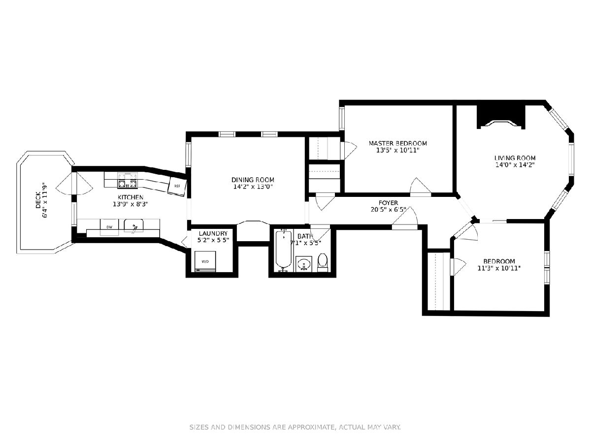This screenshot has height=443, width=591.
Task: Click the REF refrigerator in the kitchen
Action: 177,186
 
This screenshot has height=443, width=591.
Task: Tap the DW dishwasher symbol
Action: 109,227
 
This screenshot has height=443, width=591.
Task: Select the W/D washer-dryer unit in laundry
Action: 205,261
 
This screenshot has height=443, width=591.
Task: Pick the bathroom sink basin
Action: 304,264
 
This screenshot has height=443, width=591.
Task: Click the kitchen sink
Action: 133,226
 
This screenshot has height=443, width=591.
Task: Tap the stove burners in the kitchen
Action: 128,180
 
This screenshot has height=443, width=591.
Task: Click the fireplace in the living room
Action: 501,117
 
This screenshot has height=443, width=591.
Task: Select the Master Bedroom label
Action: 397,143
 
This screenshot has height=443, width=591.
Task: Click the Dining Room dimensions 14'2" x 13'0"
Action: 253,187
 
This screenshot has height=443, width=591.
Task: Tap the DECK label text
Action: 38,200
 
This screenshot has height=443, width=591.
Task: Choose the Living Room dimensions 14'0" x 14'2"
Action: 515,165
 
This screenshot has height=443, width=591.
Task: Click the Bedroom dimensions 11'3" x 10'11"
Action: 499,268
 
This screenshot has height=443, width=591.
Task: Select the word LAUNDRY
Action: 213,233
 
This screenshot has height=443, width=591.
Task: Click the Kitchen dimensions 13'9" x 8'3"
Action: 131,204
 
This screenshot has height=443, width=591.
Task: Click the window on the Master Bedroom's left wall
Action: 342,118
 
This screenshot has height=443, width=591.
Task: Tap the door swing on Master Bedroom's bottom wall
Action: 420,186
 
